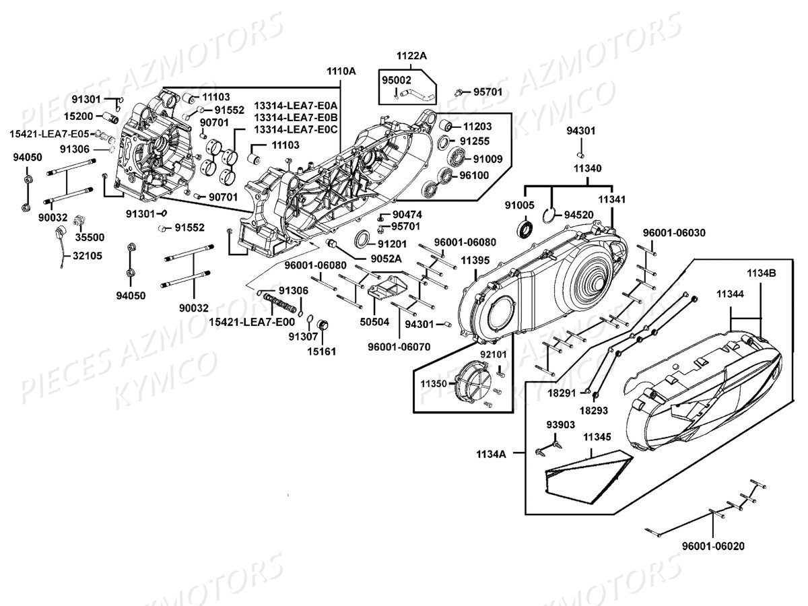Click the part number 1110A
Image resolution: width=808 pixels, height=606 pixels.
coord(341,71)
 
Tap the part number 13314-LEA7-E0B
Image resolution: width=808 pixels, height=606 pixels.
coord(291,117)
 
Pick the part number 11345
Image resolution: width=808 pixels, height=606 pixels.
coord(597,437)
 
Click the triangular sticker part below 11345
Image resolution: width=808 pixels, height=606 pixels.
coord(586,475)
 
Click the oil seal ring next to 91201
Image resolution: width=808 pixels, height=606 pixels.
coord(362,240)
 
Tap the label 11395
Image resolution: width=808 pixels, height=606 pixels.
coord(475,261)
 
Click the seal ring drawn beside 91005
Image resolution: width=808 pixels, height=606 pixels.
coord(525,229)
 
